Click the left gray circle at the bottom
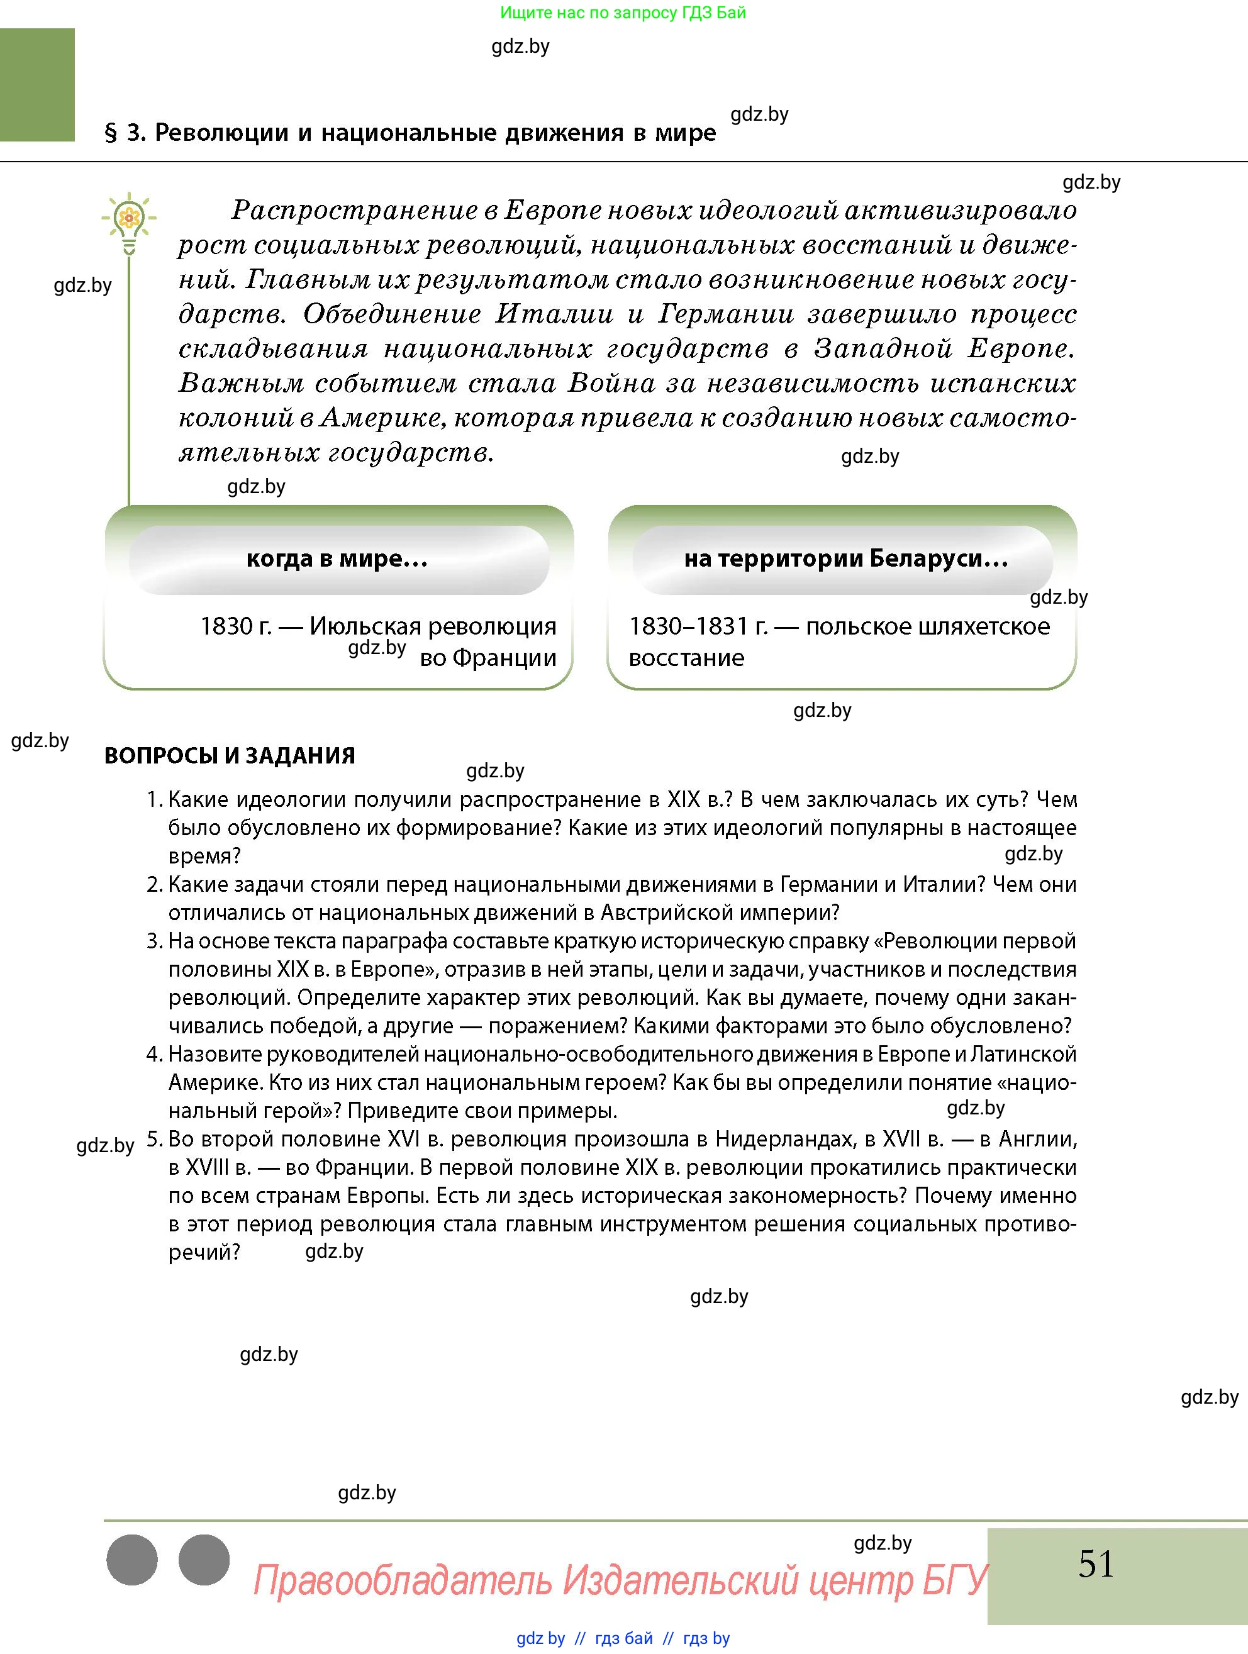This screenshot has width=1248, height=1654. tap(132, 1560)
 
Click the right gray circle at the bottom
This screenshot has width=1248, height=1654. tap(204, 1560)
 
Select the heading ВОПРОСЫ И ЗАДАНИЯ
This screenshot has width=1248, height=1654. tap(230, 755)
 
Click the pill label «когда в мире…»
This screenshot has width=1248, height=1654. tap(337, 558)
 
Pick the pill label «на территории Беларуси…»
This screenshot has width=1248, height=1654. tap(845, 558)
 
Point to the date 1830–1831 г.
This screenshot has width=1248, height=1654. tap(698, 626)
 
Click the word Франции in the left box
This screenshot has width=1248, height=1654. tap(504, 658)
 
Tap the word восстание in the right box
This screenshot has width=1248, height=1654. tap(686, 658)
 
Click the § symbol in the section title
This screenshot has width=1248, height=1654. tap(111, 133)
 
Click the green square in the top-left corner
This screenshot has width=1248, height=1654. tap(37, 84)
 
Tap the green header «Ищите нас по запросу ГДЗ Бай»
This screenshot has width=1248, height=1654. tap(622, 13)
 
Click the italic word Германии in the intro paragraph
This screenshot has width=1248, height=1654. tap(725, 314)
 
